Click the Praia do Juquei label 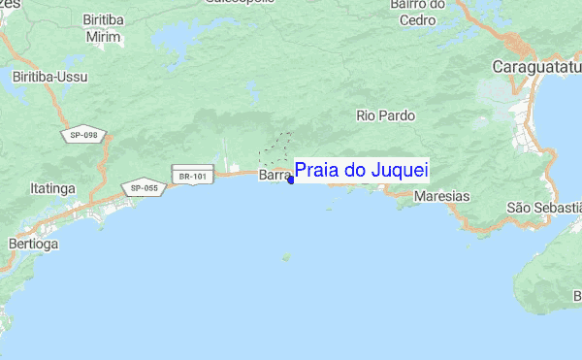(x=361, y=171)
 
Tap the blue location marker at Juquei (x=291, y=180)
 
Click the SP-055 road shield (x=143, y=187)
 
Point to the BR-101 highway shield (x=190, y=177)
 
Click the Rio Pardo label (x=385, y=115)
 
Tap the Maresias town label (x=440, y=196)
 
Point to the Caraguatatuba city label (x=536, y=67)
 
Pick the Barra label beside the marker (x=274, y=177)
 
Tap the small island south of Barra (x=285, y=257)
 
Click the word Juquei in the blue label (x=400, y=171)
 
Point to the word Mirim (x=104, y=36)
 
